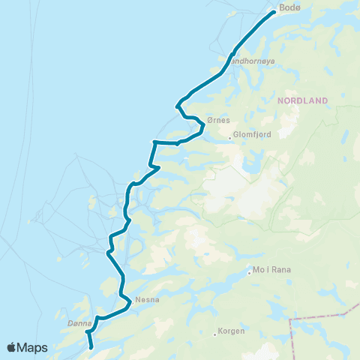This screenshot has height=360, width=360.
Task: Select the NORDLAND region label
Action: [304, 100]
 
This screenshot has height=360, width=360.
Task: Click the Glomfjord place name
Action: [251, 134]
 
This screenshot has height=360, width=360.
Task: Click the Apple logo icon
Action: [12, 348]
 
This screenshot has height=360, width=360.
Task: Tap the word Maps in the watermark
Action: [34, 348]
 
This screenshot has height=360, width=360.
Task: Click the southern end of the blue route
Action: [91, 348]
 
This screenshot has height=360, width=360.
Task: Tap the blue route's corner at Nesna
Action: [131, 304]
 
